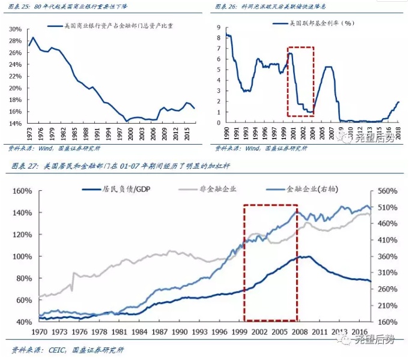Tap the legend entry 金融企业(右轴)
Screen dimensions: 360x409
(300, 189)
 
